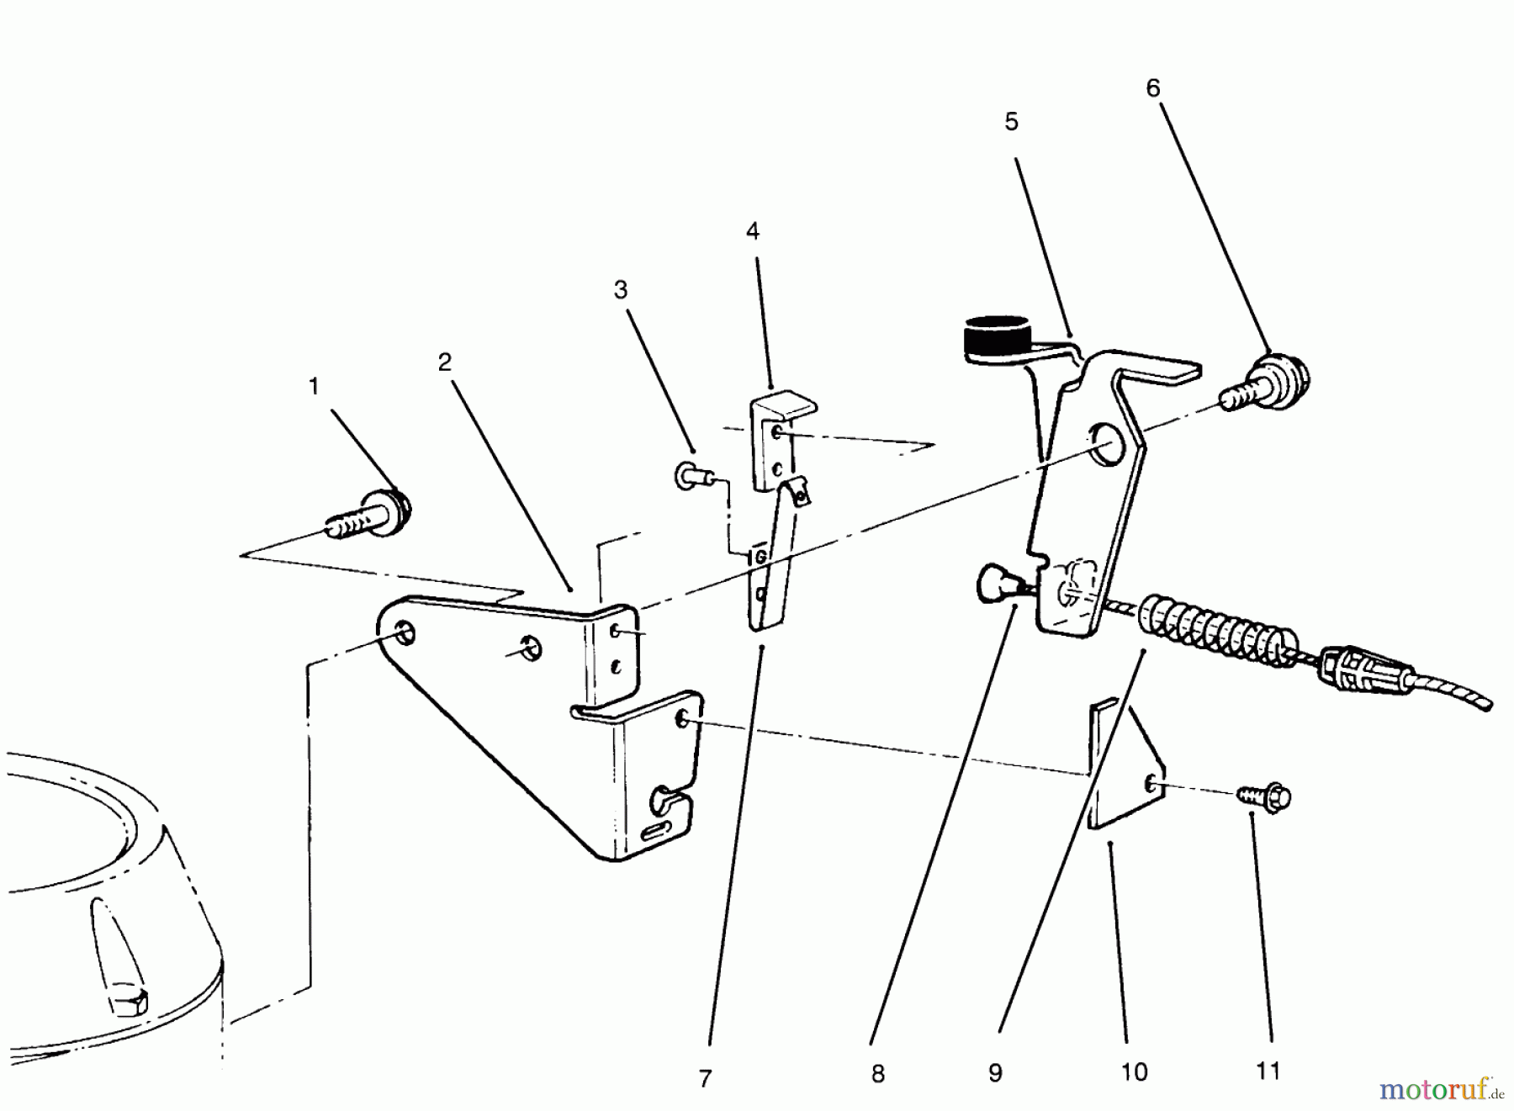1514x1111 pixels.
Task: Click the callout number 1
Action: pyautogui.click(x=314, y=387)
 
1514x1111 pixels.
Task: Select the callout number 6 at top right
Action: pyautogui.click(x=1152, y=88)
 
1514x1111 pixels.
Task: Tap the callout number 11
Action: pyautogui.click(x=1268, y=1071)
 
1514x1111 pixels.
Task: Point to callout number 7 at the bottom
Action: pyautogui.click(x=705, y=1077)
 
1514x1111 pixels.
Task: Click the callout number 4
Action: pyautogui.click(x=752, y=231)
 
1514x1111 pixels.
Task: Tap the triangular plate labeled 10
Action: pyautogui.click(x=1123, y=774)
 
